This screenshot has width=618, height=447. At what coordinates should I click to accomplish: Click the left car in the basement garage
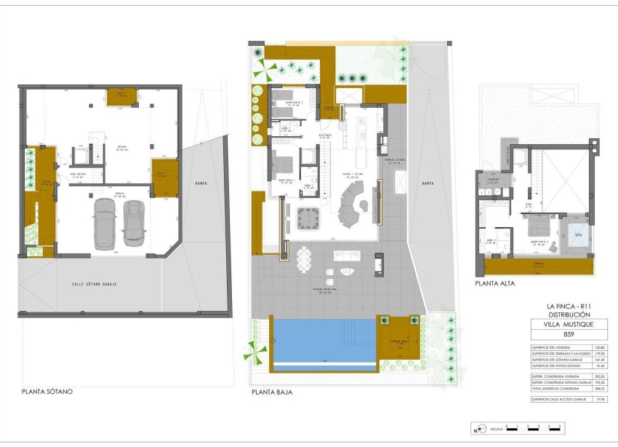(x=105, y=221)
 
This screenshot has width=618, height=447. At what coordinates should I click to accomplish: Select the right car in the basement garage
(x=135, y=222)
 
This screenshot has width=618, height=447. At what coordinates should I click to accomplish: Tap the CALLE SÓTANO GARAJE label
(x=95, y=284)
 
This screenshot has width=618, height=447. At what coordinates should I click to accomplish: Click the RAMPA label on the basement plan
(x=195, y=183)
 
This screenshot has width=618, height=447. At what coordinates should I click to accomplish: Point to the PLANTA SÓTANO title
(x=47, y=391)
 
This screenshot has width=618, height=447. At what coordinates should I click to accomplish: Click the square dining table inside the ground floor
(x=308, y=216)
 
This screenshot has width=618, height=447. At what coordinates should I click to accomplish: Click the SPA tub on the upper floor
(x=579, y=236)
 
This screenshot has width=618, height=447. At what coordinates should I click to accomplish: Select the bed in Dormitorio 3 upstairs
(x=541, y=237)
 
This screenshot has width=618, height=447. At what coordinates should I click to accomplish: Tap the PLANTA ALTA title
(x=495, y=284)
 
